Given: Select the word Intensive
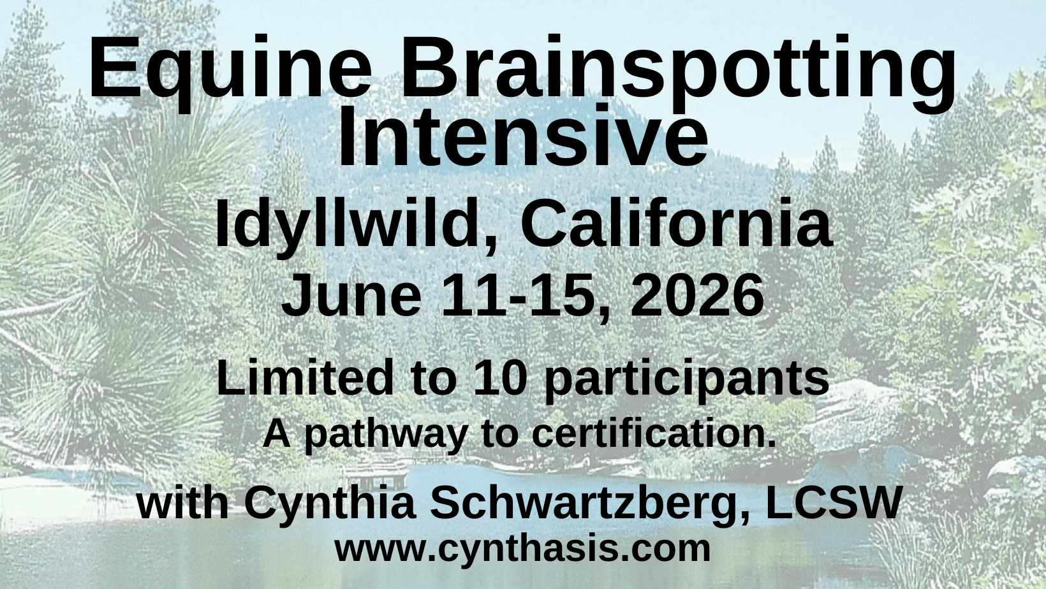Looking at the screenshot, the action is coord(522,137).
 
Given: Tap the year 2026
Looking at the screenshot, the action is coord(696,295).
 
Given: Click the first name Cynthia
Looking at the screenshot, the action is coord(330,505).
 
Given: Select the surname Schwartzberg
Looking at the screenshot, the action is coord(585,505).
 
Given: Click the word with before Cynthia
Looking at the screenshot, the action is coord(183,502).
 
